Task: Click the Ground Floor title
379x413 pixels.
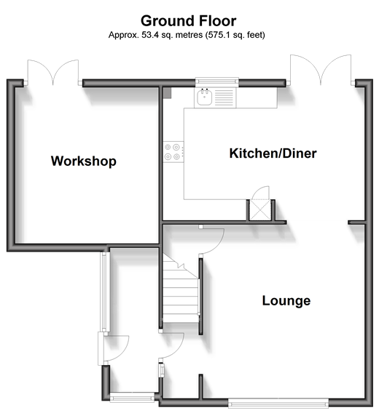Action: coord(188,21)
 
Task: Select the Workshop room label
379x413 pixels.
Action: coord(84,161)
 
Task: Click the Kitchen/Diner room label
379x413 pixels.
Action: coord(273,153)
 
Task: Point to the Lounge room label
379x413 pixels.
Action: coord(286,300)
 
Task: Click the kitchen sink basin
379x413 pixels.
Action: coord(204,97)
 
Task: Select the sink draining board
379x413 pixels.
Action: coord(224,97)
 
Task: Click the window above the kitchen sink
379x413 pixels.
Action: coord(217,81)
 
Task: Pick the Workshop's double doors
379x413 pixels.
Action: coord(53,72)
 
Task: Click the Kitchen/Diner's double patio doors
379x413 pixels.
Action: coord(321,70)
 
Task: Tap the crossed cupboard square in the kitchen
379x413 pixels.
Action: coord(260,210)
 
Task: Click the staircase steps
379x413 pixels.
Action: coord(180,289)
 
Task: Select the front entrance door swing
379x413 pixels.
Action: coord(116,348)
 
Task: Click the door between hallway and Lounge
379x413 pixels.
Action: coord(172,345)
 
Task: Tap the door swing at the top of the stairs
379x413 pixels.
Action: coord(212,241)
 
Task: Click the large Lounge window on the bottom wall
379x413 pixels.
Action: coord(278,404)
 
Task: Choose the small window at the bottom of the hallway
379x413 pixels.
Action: coord(132,397)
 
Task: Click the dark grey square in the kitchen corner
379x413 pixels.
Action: coord(167,93)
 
